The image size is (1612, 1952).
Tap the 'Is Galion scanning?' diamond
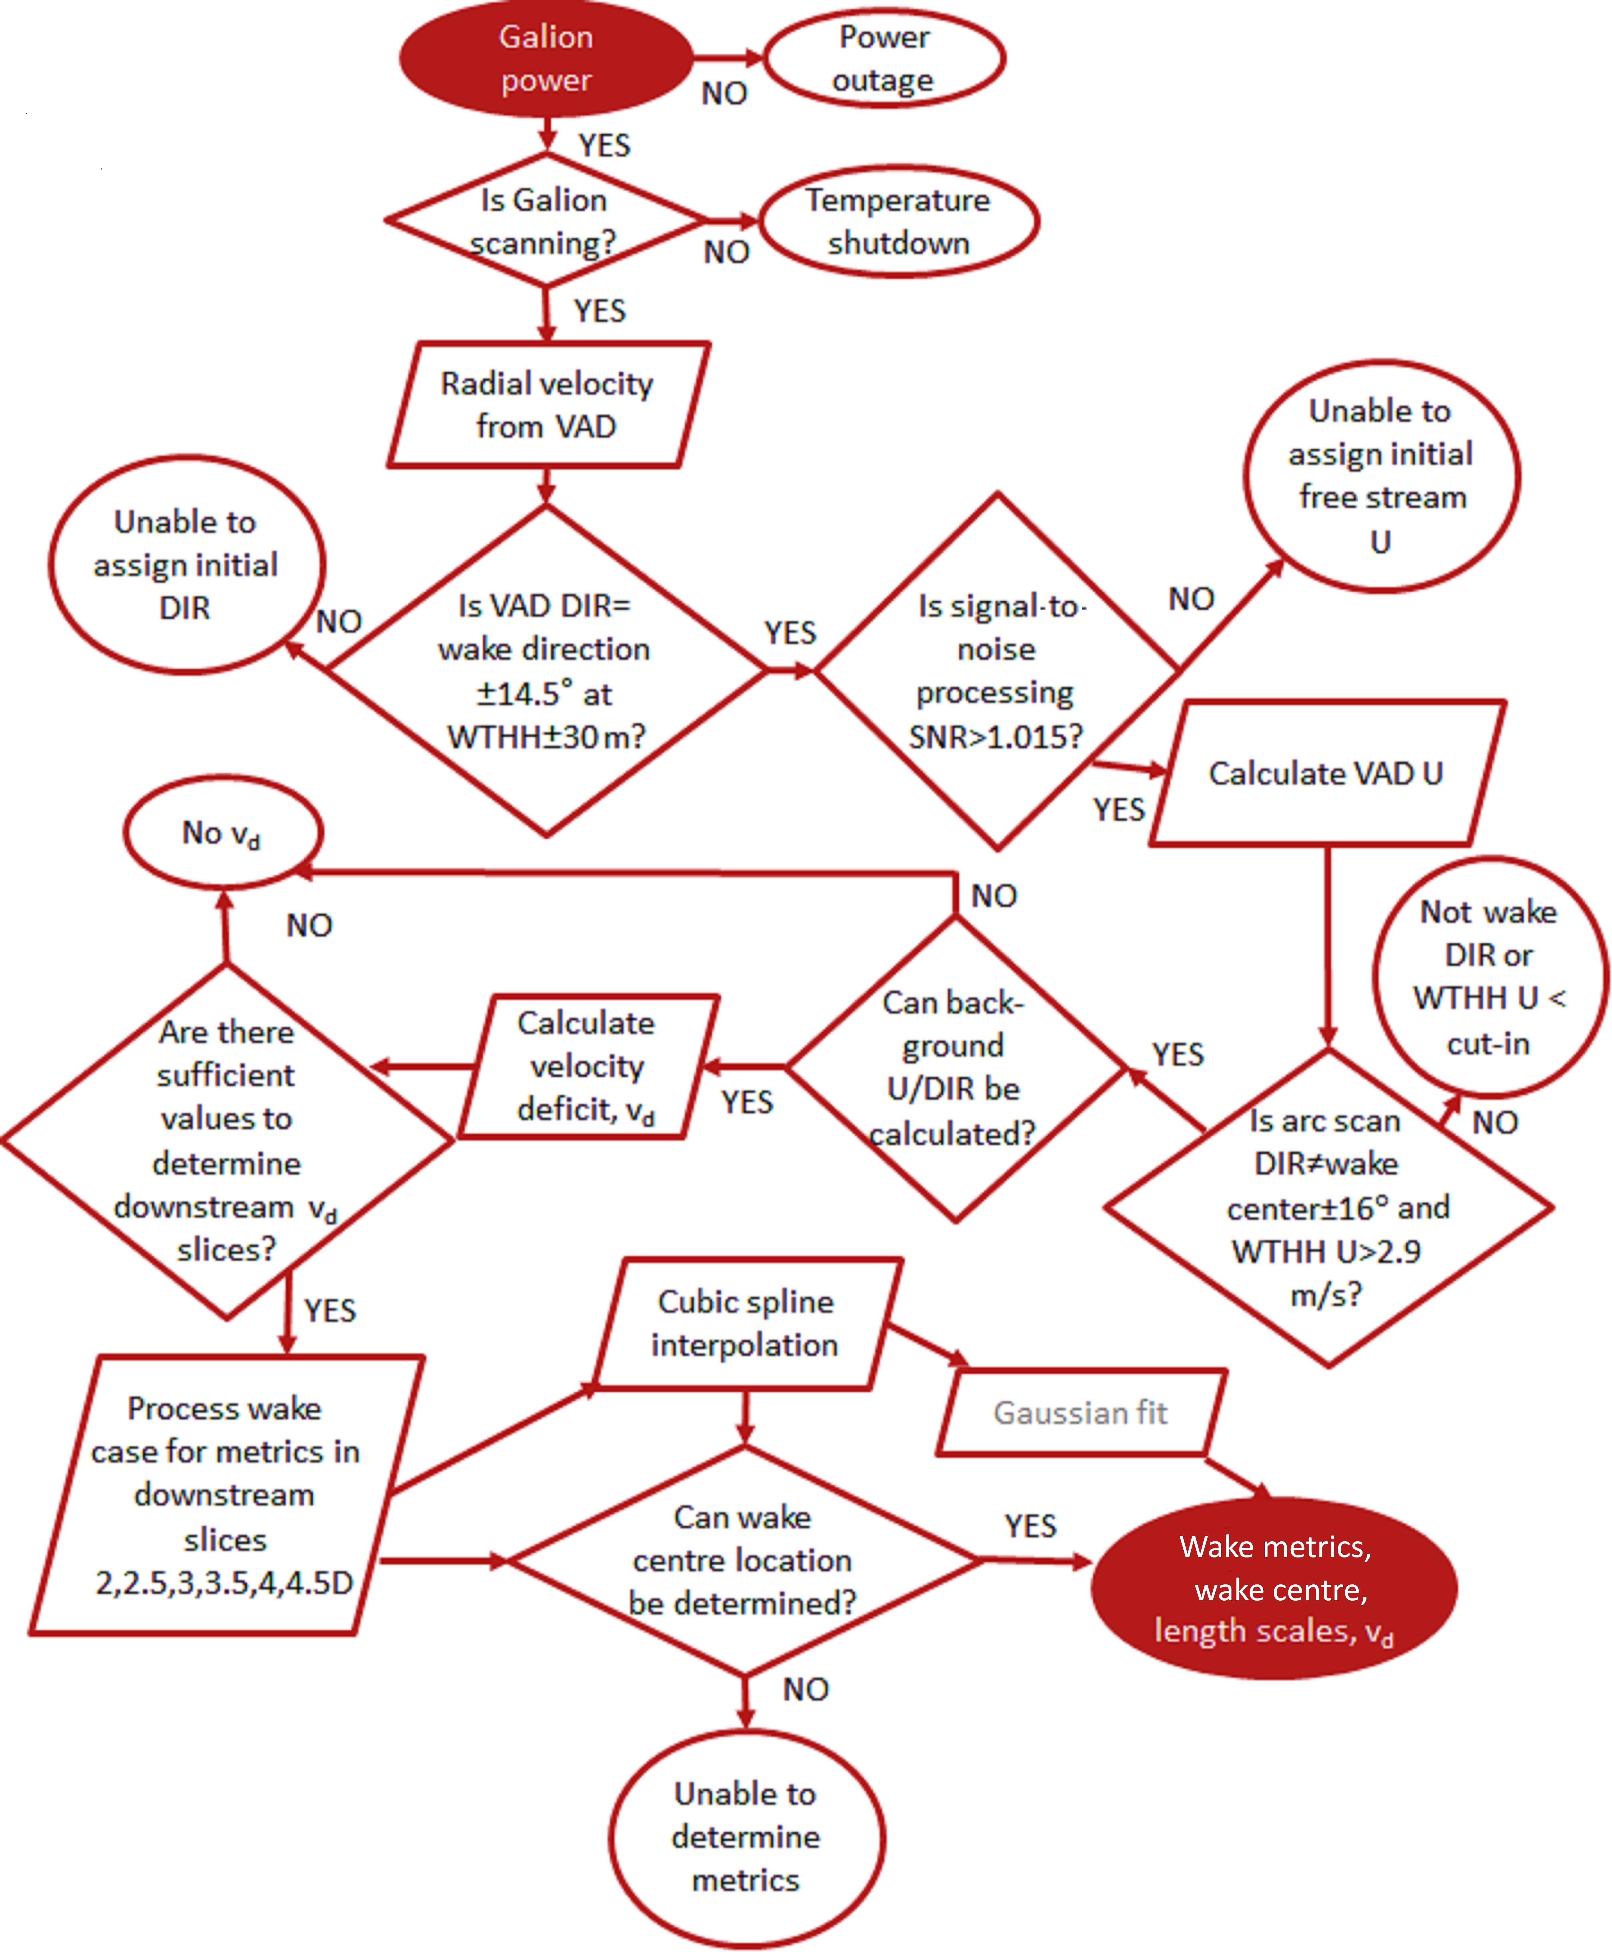click(x=544, y=221)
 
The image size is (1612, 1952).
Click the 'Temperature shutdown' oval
click(x=898, y=221)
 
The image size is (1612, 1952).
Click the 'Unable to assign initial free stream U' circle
click(x=1381, y=476)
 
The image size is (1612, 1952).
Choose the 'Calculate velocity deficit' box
click(x=587, y=1066)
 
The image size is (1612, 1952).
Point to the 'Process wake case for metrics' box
click(x=225, y=1495)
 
